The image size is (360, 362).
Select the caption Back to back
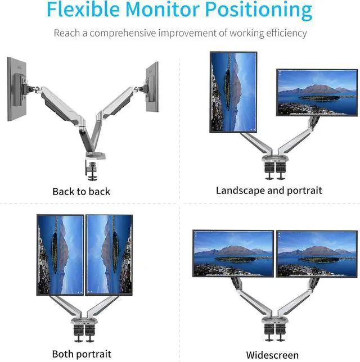point(81,192)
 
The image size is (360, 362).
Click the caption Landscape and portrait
point(269,191)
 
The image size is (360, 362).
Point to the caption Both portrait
point(82,354)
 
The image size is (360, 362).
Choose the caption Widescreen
point(272,355)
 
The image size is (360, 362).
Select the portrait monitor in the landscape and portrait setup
point(233,92)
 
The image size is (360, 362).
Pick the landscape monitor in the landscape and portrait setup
point(317,92)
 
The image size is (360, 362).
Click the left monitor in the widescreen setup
point(233,253)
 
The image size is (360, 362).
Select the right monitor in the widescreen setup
point(316,253)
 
